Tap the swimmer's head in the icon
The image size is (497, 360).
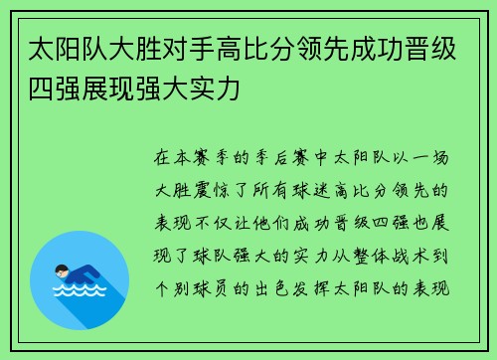pos(62,270)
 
